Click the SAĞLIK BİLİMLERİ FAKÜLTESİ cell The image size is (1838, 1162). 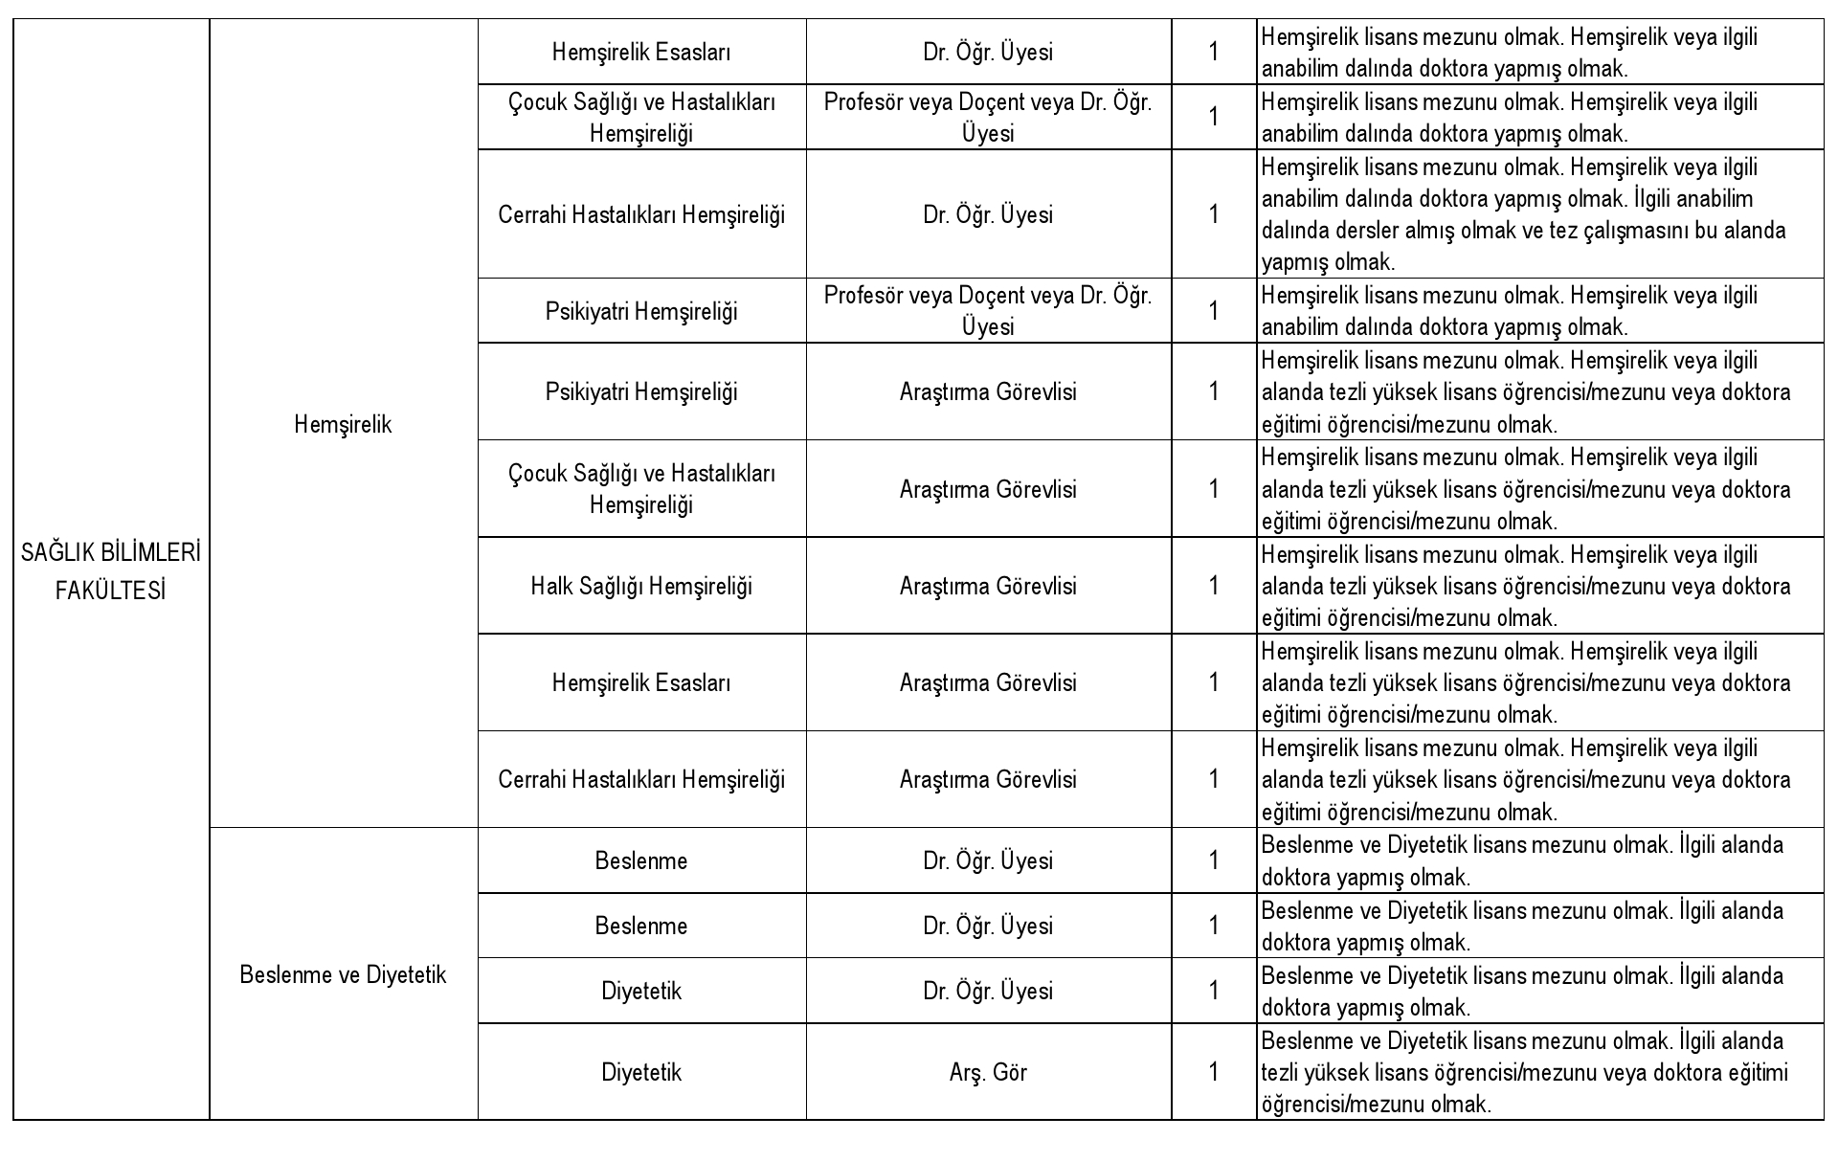(111, 572)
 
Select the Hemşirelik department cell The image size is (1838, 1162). (343, 425)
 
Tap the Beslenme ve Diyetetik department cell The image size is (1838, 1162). (343, 974)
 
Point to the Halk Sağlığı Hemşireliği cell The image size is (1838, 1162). (641, 586)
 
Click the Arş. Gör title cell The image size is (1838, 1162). (988, 1072)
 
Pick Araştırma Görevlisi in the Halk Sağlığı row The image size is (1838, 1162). (988, 586)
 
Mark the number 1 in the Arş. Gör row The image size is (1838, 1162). (1214, 1072)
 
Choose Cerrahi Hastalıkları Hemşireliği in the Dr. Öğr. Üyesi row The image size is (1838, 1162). (641, 214)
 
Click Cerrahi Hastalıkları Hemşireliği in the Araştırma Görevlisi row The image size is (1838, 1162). (641, 779)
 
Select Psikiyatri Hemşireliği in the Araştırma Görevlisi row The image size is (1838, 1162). (641, 391)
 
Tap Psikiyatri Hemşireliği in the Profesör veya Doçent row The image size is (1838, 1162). (641, 311)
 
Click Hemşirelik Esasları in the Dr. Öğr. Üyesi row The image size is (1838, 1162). (641, 53)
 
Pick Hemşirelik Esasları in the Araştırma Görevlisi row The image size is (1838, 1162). (641, 682)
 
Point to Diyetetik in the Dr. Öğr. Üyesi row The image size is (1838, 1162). (641, 991)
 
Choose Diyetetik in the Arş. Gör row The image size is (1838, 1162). (641, 1072)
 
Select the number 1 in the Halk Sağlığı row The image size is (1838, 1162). (1214, 586)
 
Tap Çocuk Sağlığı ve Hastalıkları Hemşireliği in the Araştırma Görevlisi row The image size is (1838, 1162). (641, 489)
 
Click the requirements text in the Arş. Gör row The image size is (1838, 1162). (1524, 1072)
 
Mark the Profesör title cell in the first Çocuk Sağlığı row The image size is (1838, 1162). (988, 117)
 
